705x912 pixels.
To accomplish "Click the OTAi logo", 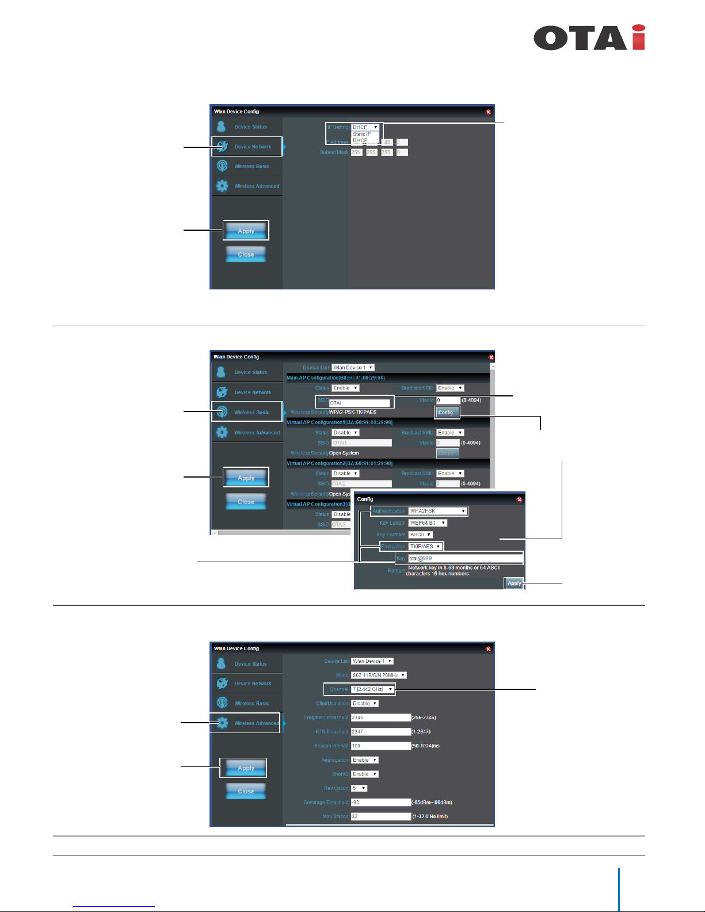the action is tap(589, 38).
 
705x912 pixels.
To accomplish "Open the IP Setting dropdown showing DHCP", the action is tap(365, 127).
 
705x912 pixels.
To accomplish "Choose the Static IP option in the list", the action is tap(363, 134).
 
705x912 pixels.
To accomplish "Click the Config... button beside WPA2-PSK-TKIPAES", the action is tap(447, 413).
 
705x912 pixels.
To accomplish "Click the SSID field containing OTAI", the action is tap(359, 403).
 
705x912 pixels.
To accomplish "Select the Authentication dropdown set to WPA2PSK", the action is tap(437, 511).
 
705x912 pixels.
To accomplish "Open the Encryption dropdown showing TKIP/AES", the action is tap(425, 547).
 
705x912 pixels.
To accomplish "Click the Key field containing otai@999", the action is tap(464, 558).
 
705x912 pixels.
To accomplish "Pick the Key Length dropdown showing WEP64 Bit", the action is tap(427, 523).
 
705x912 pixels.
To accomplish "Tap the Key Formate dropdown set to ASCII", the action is tap(420, 535).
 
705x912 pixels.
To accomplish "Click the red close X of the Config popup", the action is tap(519, 499).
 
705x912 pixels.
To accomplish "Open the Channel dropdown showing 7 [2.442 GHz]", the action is tap(372, 689).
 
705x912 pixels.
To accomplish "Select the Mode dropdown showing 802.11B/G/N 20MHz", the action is tap(379, 676).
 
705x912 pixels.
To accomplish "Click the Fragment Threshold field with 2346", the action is tap(380, 718).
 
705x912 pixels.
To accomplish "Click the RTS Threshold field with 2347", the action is tap(380, 732).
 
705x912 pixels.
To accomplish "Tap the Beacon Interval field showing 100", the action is tap(380, 746).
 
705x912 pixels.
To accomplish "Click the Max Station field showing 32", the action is tap(380, 816).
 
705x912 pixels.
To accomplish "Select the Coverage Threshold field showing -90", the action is tap(380, 802).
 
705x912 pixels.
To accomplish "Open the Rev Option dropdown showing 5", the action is tap(359, 788).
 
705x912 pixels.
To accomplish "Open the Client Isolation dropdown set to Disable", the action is tap(365, 704).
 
